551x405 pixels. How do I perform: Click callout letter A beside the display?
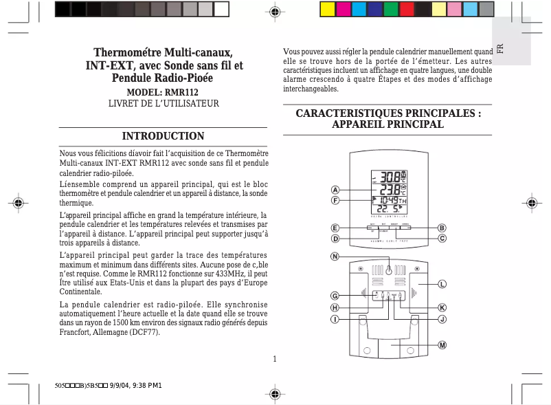click(335, 190)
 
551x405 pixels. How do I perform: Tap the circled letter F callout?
click(335, 200)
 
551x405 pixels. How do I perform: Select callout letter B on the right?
click(442, 228)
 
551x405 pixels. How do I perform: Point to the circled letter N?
click(335, 257)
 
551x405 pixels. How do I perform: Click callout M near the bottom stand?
click(442, 344)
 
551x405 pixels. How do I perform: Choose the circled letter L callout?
click(442, 283)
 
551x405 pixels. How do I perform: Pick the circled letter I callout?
click(335, 319)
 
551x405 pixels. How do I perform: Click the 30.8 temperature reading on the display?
click(392, 176)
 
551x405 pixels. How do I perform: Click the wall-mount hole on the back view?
click(389, 270)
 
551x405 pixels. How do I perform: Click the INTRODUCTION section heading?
click(163, 136)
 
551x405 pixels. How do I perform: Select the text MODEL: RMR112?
click(163, 91)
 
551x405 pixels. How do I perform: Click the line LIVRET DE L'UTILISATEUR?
click(163, 103)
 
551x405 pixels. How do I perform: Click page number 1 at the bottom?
click(274, 358)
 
